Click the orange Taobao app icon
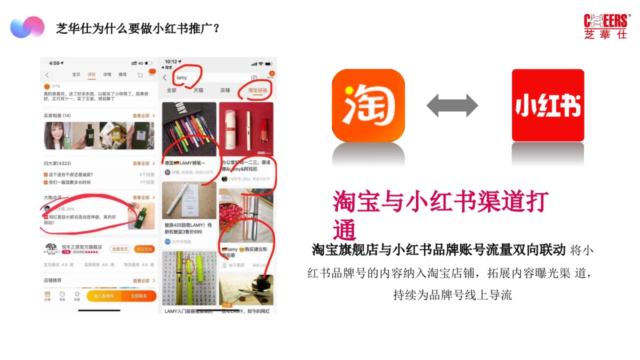[x=368, y=105]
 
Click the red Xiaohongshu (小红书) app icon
[x=548, y=105]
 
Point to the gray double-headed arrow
[x=452, y=105]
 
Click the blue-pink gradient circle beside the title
[x=27, y=27]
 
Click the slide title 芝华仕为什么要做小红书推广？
[x=138, y=28]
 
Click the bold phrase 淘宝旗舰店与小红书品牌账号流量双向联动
[x=438, y=250]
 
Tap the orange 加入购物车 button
[x=105, y=295]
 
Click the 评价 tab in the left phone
[x=91, y=75]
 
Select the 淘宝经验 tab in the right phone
[x=258, y=90]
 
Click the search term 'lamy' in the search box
[x=182, y=77]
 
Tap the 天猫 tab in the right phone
[x=198, y=90]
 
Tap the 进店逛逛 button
[x=144, y=249]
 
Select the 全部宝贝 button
[x=120, y=249]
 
